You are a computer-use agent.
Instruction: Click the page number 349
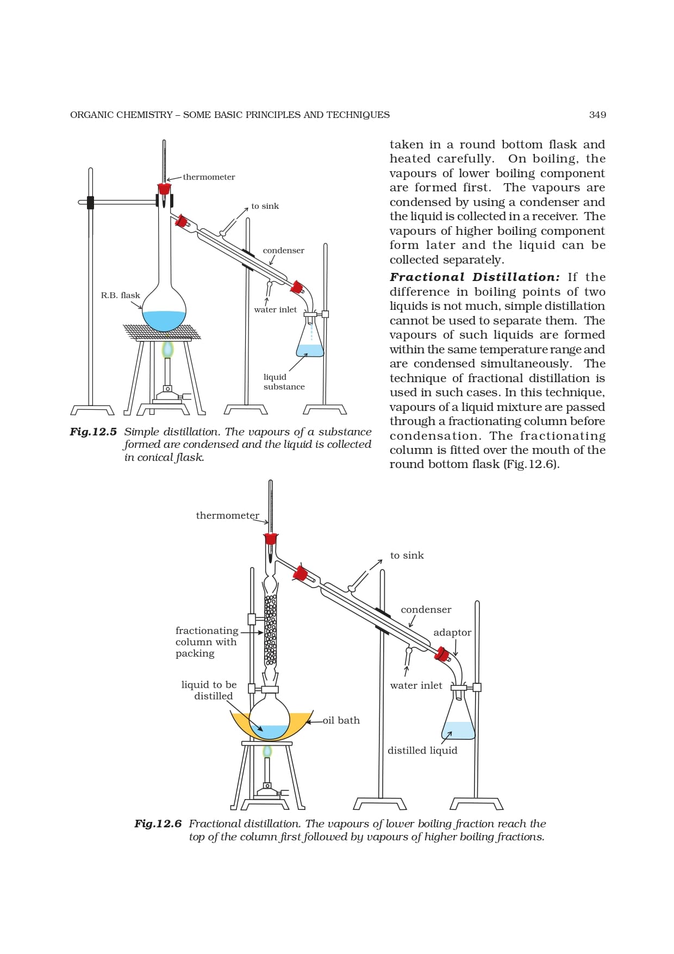[x=597, y=115]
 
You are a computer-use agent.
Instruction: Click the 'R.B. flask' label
[x=120, y=295]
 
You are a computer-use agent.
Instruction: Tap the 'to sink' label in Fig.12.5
[x=265, y=206]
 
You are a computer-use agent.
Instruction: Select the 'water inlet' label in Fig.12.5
[x=275, y=309]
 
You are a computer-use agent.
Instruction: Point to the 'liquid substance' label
[x=284, y=382]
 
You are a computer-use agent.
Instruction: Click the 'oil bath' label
[x=341, y=720]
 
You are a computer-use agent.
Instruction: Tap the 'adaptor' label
[x=452, y=632]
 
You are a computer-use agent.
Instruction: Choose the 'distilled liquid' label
[x=422, y=750]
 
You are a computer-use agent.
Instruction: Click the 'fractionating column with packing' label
[x=207, y=641]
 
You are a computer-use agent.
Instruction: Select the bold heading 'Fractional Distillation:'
[x=475, y=277]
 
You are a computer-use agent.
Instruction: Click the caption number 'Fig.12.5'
[x=93, y=432]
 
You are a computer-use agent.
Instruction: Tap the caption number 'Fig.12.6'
[x=158, y=824]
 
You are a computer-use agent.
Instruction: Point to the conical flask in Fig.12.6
[x=459, y=718]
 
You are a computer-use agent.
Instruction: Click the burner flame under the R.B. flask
[x=167, y=348]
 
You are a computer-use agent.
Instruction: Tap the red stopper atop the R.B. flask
[x=164, y=189]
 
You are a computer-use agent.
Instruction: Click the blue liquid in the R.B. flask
[x=164, y=320]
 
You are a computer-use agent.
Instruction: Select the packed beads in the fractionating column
[x=270, y=631]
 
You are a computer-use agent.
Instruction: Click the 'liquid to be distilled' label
[x=209, y=690]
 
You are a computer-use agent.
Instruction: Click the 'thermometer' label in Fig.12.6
[x=227, y=515]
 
